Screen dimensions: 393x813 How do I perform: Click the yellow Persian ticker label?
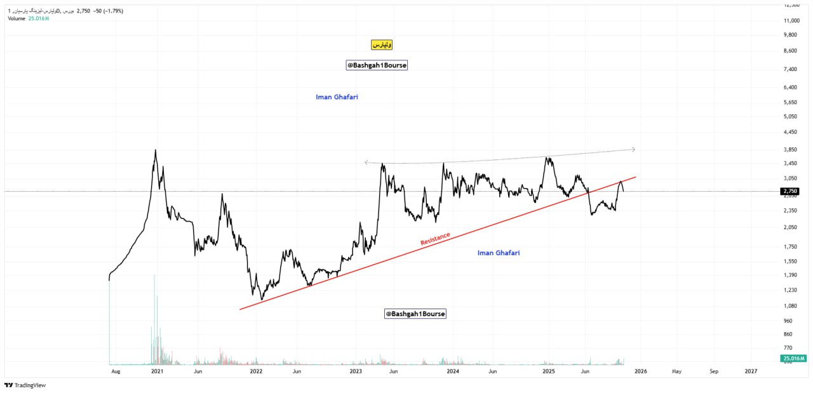click(x=382, y=45)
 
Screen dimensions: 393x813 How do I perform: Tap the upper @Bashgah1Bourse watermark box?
click(x=377, y=65)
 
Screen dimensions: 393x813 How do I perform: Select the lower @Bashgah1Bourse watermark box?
click(x=415, y=314)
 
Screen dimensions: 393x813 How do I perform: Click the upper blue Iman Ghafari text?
click(x=341, y=97)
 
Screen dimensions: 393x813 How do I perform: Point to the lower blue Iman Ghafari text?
click(x=499, y=253)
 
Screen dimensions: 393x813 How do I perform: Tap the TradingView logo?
click(x=25, y=385)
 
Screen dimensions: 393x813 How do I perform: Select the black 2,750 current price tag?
click(x=790, y=191)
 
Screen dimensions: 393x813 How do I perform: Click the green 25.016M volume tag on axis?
click(x=792, y=359)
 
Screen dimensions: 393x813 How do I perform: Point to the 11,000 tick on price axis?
click(x=790, y=20)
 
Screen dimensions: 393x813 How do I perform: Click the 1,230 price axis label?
click(x=790, y=290)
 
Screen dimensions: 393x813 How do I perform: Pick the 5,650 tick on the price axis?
click(x=790, y=102)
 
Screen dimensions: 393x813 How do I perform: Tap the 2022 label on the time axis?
click(x=256, y=371)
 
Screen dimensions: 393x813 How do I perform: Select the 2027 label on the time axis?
click(x=751, y=371)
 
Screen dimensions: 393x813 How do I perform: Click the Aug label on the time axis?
click(x=115, y=371)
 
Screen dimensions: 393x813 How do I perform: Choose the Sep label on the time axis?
click(x=714, y=371)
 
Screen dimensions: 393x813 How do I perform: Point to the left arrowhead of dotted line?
click(x=366, y=163)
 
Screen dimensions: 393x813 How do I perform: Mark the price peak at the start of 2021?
click(x=156, y=150)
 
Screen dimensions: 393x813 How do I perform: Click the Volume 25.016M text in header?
click(x=28, y=18)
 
